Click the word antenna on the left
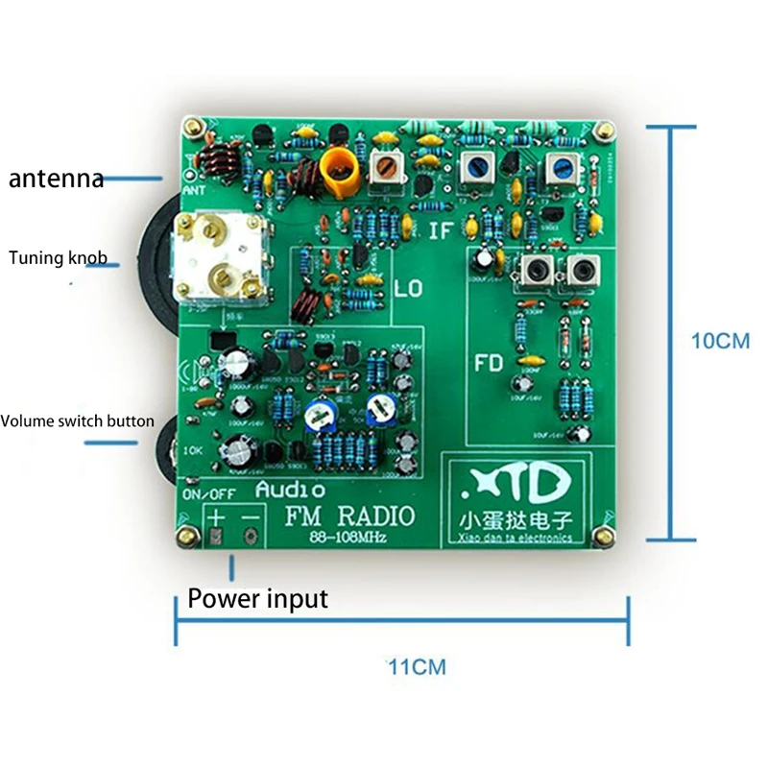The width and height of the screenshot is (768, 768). tap(56, 179)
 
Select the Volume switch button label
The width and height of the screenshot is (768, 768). tap(77, 420)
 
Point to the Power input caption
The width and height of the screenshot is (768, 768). tap(257, 599)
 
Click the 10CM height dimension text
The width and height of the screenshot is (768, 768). tap(721, 341)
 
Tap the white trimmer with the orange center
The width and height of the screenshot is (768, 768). tap(388, 168)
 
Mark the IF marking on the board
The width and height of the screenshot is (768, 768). tap(441, 230)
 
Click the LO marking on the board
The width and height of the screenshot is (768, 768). tap(407, 287)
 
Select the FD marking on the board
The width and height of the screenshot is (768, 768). tap(491, 364)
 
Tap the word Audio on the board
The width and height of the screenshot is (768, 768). tap(289, 490)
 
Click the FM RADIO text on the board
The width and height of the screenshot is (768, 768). tap(349, 516)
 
